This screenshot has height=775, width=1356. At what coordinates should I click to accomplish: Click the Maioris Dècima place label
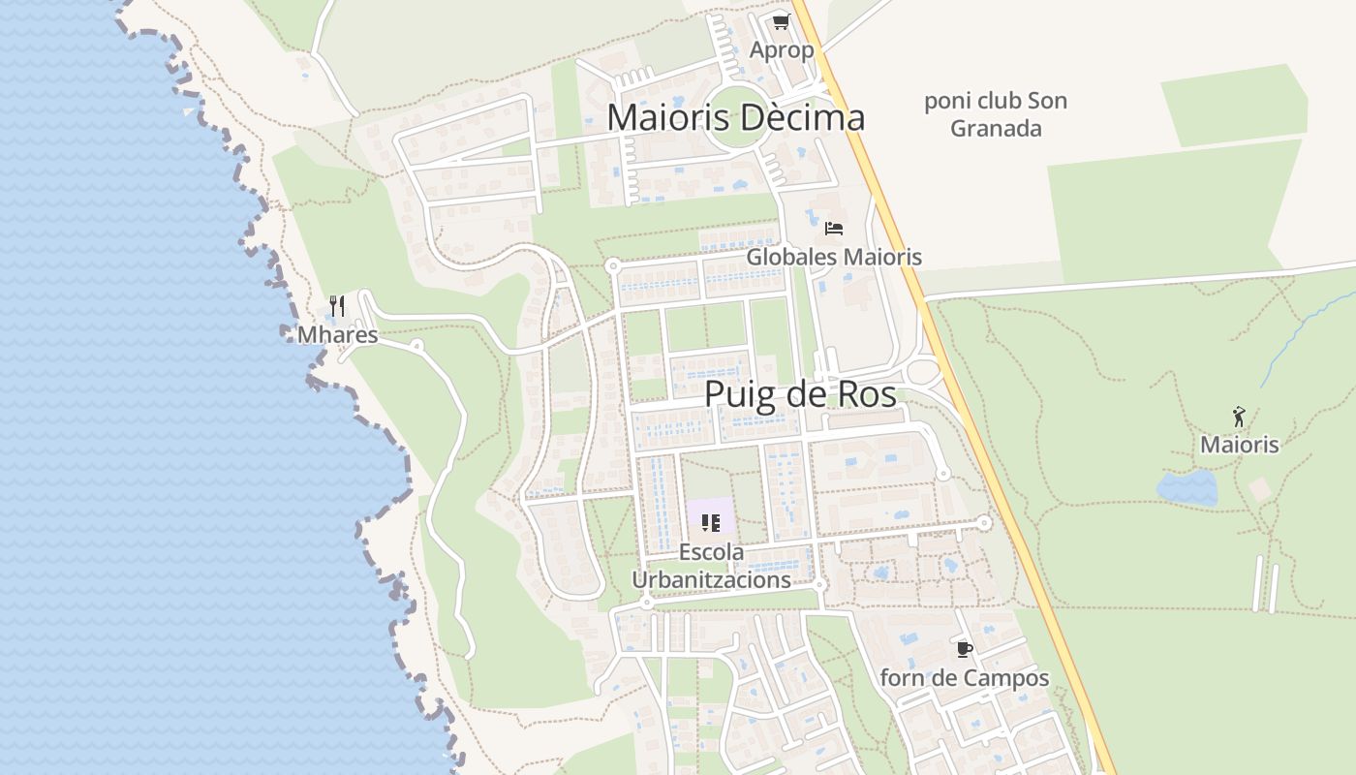[x=735, y=118]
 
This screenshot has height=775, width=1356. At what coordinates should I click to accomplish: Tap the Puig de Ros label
[x=800, y=395]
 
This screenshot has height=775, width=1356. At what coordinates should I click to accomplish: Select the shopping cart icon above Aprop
[x=782, y=21]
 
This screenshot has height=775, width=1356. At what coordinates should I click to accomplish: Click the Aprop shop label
[x=782, y=49]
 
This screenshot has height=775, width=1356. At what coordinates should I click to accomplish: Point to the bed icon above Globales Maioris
[x=834, y=229]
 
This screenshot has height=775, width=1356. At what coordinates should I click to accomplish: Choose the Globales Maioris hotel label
[x=834, y=257]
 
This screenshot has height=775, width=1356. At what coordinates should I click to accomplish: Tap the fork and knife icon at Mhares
[x=337, y=306]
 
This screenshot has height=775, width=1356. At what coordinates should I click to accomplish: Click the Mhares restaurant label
[x=337, y=335]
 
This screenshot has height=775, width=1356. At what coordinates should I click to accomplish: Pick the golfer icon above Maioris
[x=1239, y=417]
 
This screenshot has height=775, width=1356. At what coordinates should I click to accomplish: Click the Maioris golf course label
[x=1240, y=445]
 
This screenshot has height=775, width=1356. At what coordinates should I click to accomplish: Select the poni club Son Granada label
[x=996, y=114]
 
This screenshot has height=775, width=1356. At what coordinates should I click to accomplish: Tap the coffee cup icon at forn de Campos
[x=964, y=649]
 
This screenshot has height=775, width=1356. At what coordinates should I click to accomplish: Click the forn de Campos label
[x=964, y=678]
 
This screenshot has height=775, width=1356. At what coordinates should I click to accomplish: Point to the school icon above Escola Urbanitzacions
[x=711, y=523]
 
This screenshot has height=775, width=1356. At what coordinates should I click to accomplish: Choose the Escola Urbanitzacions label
[x=712, y=566]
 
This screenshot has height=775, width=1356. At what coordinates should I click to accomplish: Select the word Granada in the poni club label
[x=996, y=129]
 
